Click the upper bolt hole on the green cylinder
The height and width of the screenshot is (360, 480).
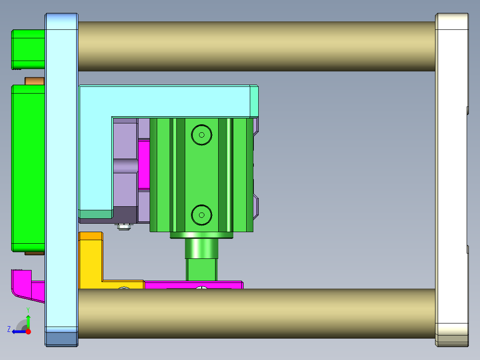(x=201, y=135)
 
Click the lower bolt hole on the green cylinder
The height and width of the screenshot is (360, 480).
(x=201, y=215)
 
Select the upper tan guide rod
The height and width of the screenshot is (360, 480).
(x=256, y=46)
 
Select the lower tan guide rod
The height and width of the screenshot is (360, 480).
(x=256, y=314)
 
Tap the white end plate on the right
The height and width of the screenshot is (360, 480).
(x=452, y=178)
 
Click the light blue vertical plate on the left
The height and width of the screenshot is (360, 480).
(x=61, y=178)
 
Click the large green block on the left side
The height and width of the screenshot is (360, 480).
(x=28, y=167)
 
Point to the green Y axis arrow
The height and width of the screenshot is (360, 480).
(x=28, y=320)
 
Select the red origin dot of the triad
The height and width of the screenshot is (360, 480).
(x=28, y=331)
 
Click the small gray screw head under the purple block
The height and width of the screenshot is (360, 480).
(x=124, y=227)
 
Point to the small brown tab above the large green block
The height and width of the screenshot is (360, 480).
(x=34, y=81)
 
